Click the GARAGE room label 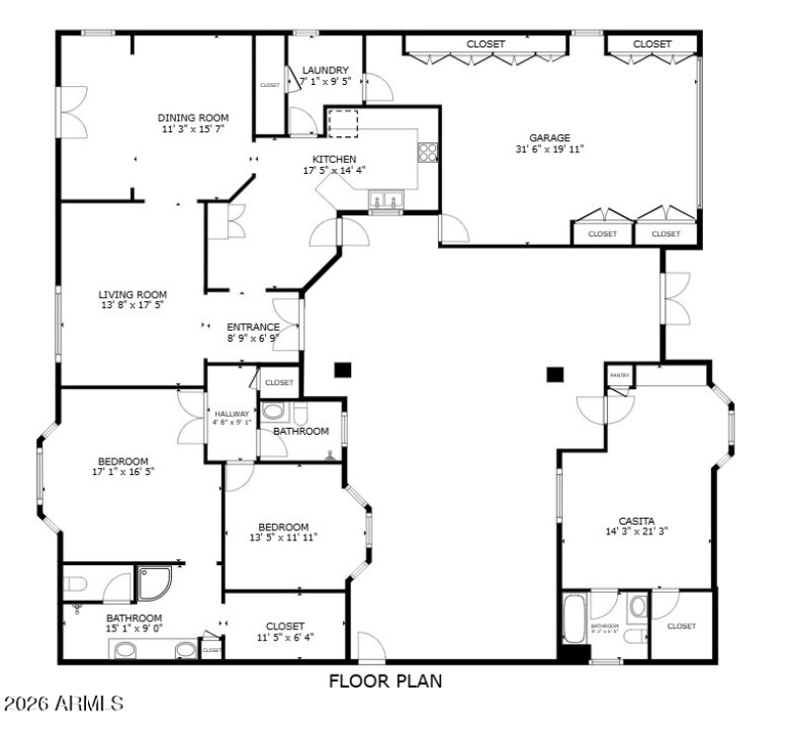point(550,137)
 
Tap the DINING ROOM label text point(193,118)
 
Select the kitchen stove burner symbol point(429,151)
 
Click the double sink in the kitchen point(386,202)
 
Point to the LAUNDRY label point(325,70)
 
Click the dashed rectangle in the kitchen point(343,124)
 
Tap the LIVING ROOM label point(132,293)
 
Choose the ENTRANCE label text point(253,327)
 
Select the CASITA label point(637,521)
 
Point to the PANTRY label point(620,375)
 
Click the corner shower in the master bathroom point(156,584)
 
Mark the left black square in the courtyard point(342,370)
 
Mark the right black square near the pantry point(555,374)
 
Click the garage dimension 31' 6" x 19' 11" point(550,149)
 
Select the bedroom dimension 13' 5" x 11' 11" point(284,538)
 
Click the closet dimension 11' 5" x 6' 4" point(286,637)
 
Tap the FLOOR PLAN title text point(386,681)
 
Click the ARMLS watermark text point(63,704)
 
